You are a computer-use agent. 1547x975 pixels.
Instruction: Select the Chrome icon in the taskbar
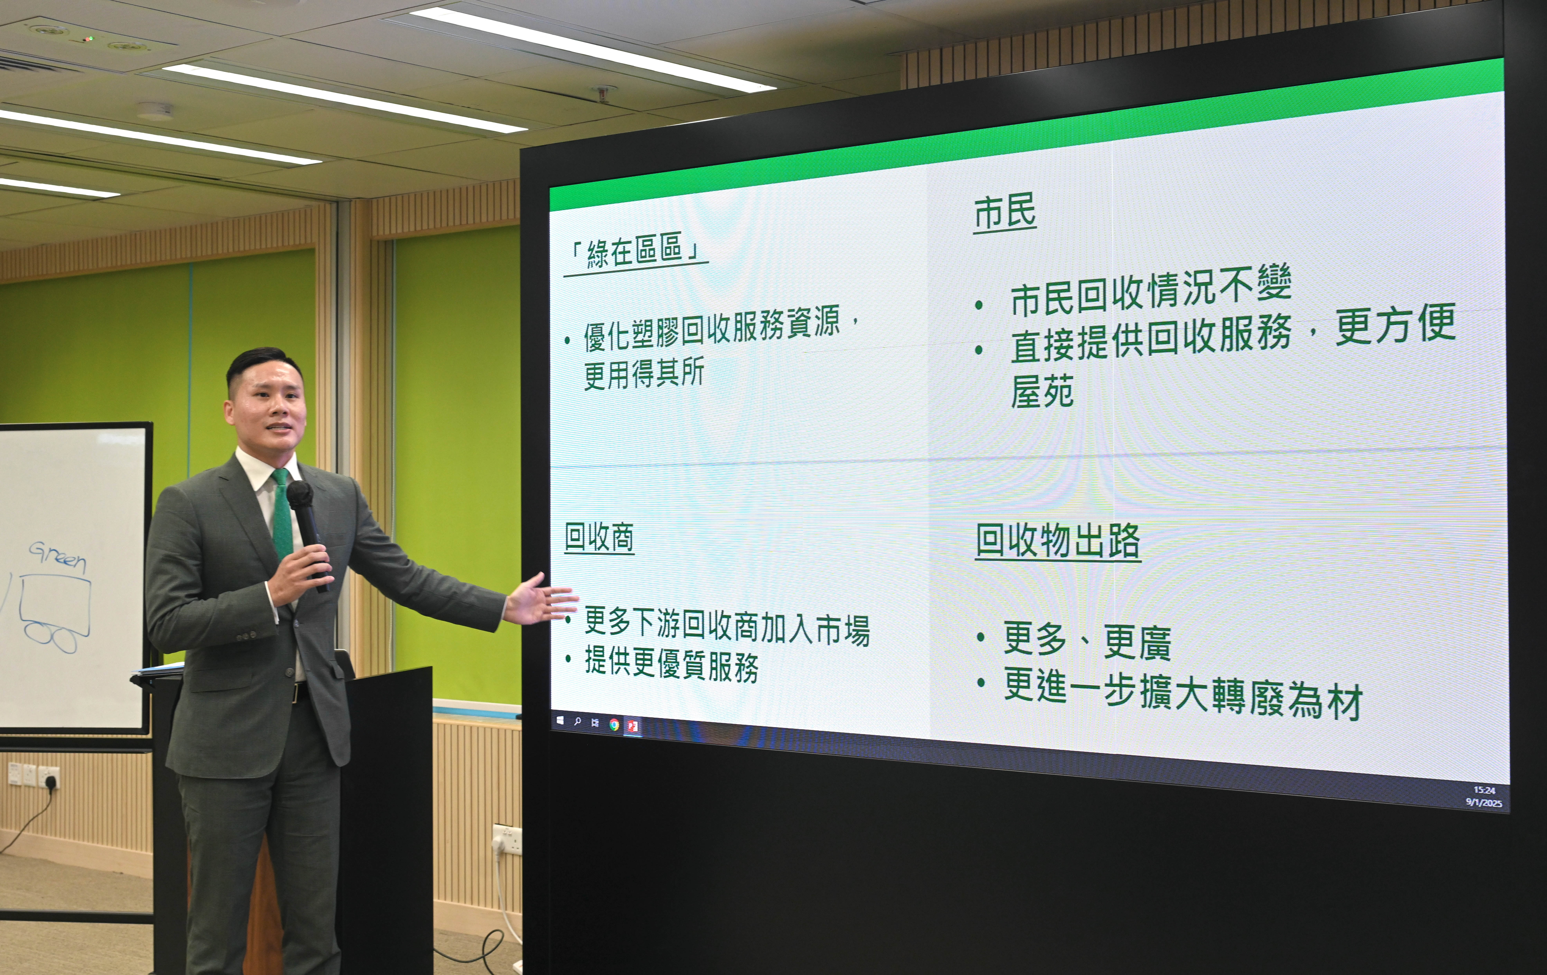coord(614,725)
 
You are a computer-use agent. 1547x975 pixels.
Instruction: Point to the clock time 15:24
coord(1484,790)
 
